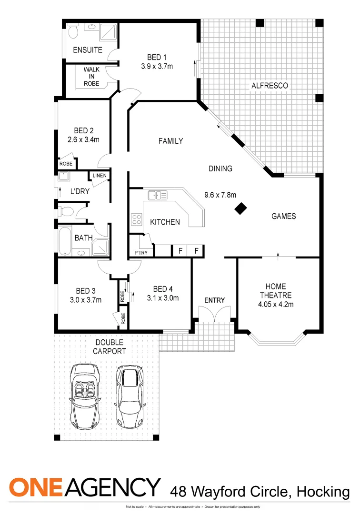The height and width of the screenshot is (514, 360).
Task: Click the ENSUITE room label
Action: (x=87, y=50)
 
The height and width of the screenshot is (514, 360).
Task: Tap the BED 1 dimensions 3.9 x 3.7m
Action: (x=157, y=67)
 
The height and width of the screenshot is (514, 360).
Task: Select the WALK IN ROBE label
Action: (x=91, y=76)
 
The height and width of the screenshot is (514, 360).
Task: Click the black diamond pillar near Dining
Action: (x=241, y=208)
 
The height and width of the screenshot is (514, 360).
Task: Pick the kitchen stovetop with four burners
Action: (x=136, y=219)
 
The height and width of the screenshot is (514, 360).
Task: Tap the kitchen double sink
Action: (x=157, y=195)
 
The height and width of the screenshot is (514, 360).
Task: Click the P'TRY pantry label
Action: (x=140, y=253)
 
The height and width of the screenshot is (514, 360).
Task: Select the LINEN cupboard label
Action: (x=100, y=176)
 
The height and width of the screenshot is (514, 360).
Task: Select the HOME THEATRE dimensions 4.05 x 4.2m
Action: (x=276, y=304)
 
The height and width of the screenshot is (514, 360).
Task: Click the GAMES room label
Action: (x=283, y=216)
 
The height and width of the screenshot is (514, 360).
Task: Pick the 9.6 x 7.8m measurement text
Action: (x=220, y=194)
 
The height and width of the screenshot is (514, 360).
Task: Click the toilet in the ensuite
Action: (x=73, y=32)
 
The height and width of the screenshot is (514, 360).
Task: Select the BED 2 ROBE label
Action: (x=66, y=164)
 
